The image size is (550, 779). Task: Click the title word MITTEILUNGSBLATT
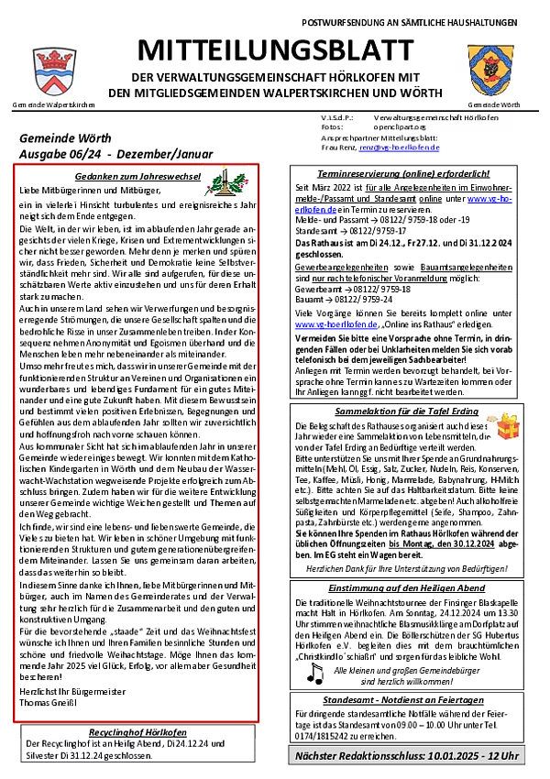pyautogui.click(x=275, y=49)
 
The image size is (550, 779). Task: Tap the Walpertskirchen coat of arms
pyautogui.click(x=55, y=71)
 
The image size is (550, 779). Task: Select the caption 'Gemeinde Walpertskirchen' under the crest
pyautogui.click(x=54, y=105)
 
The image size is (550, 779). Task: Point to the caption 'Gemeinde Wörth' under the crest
pyautogui.click(x=494, y=105)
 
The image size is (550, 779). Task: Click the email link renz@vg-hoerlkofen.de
pyautogui.click(x=400, y=147)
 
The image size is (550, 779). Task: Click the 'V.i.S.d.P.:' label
pyautogui.click(x=337, y=118)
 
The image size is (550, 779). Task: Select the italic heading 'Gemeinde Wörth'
pyautogui.click(x=65, y=138)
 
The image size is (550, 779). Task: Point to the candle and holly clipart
pyautogui.click(x=225, y=181)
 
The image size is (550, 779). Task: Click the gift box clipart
pyautogui.click(x=502, y=428)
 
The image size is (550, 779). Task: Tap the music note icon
pyautogui.click(x=315, y=675)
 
